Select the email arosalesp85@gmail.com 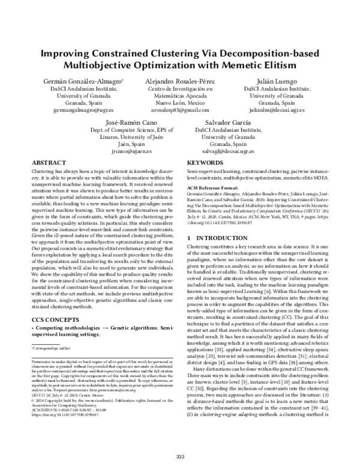[180, 112]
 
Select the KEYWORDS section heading [206, 163]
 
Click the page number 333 [180, 456]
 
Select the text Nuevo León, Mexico [180, 103]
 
